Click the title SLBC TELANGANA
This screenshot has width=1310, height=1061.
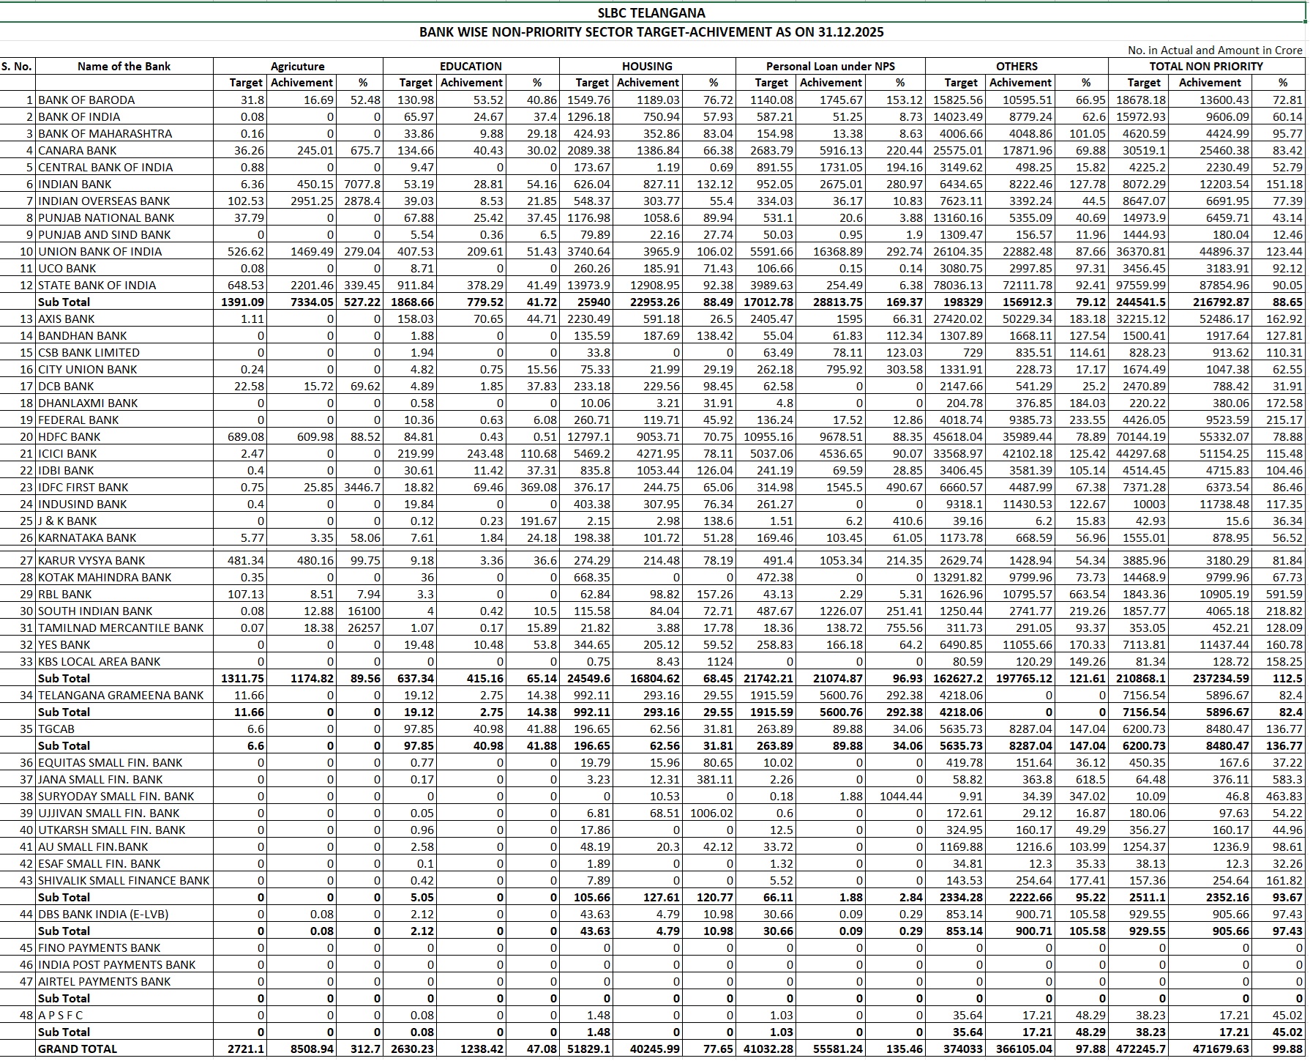651,13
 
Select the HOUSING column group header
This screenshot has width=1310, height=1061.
647,66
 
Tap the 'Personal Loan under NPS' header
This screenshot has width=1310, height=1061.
830,66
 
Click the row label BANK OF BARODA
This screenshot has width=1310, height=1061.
86,100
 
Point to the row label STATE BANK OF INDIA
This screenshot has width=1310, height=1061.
97,285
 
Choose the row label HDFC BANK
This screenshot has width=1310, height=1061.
70,436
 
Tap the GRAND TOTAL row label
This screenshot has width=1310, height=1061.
78,1049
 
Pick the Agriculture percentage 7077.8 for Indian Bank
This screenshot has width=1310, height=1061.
363,184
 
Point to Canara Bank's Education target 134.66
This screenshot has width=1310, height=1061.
416,150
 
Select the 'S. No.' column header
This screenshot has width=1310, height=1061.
16,66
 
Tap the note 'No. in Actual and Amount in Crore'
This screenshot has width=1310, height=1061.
1215,50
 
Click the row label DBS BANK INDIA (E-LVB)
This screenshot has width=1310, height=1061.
103,914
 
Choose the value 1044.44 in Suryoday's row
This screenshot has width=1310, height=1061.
902,796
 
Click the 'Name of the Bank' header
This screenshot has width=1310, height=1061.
124,66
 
